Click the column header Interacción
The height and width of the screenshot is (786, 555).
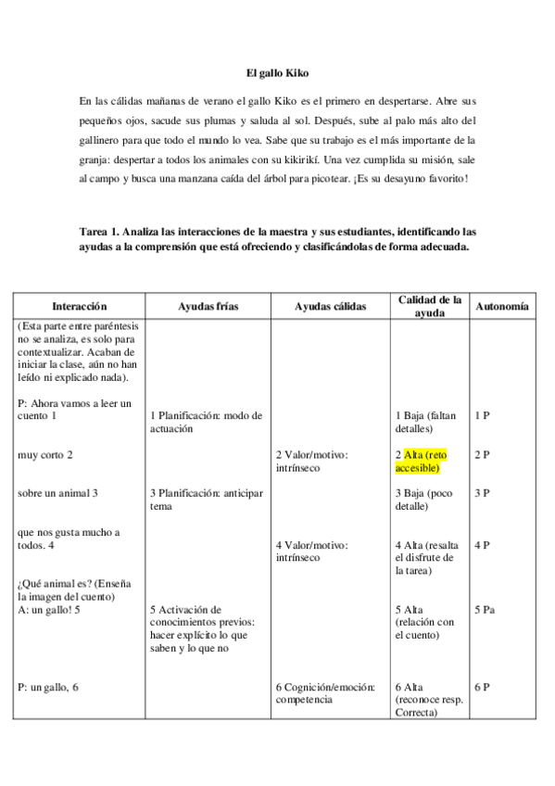pos(80,305)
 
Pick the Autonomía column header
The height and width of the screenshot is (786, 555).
pos(501,305)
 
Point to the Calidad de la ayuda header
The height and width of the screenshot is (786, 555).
pos(429,306)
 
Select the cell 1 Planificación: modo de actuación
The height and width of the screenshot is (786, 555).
pos(206,422)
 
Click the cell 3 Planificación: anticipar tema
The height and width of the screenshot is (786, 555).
pos(206,500)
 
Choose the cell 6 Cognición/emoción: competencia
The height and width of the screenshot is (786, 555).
pos(324,693)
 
